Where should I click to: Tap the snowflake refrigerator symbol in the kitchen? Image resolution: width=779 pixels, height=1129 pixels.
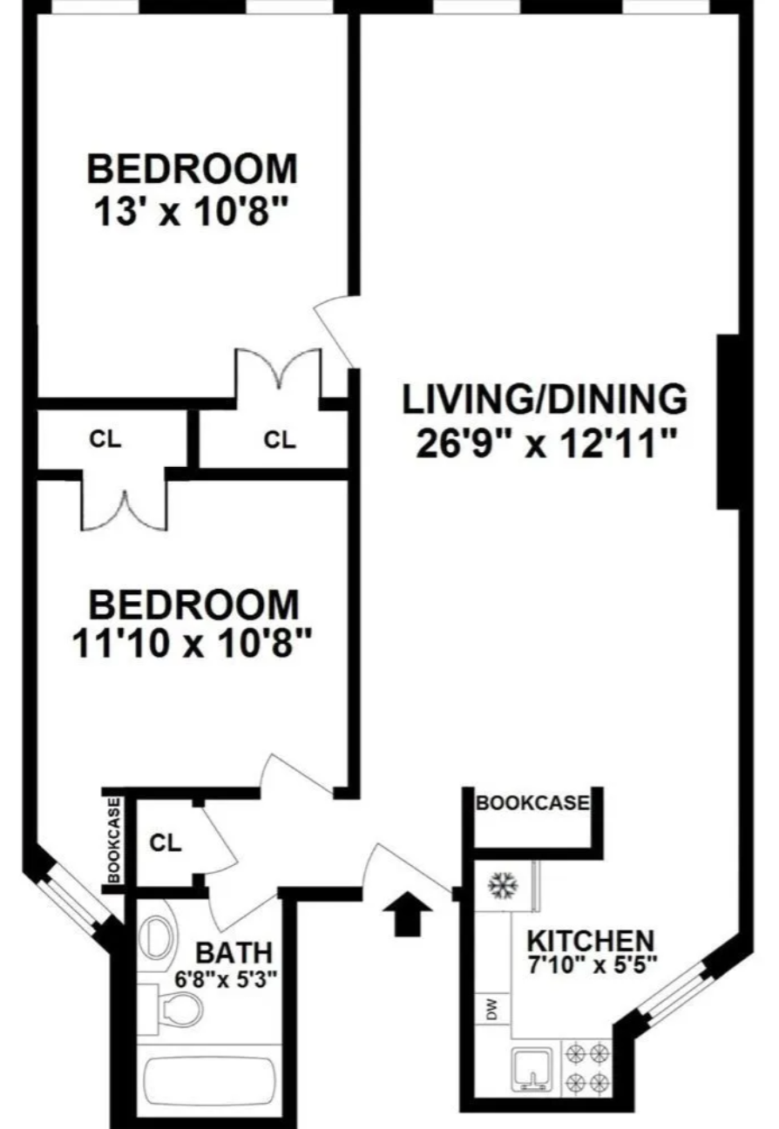(x=502, y=886)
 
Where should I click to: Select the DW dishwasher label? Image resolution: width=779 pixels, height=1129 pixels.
(x=491, y=1011)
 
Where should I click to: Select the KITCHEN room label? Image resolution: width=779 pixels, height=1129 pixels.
(x=592, y=941)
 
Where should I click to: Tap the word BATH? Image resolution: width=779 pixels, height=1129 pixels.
(x=233, y=951)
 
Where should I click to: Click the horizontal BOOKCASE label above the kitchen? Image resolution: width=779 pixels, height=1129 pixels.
(x=532, y=803)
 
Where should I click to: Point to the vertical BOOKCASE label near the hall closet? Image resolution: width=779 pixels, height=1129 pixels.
(x=114, y=842)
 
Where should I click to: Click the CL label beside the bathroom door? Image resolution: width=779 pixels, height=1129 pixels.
(x=166, y=843)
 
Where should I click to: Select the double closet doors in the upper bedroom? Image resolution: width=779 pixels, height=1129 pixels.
(x=280, y=369)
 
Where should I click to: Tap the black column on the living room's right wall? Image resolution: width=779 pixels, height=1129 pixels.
(x=728, y=422)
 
